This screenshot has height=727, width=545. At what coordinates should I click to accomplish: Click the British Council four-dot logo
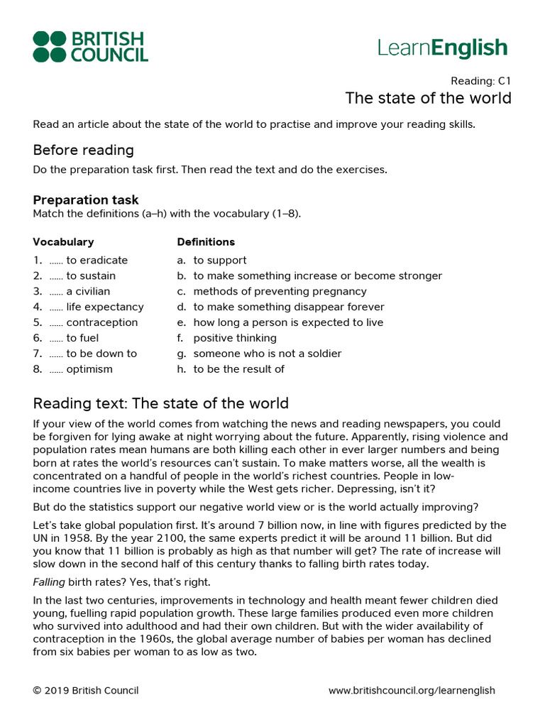click(x=50, y=46)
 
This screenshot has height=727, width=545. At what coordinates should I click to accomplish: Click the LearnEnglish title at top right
click(x=443, y=48)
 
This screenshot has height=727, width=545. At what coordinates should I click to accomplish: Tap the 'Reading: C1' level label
click(x=481, y=81)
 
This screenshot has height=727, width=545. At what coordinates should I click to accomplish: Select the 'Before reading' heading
click(x=83, y=150)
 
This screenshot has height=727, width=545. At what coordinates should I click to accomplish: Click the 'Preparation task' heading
click(x=86, y=200)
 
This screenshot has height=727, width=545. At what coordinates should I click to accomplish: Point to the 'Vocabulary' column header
click(x=63, y=242)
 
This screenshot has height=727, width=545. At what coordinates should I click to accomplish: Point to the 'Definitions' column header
click(x=206, y=242)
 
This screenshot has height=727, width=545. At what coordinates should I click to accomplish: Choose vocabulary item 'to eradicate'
click(x=97, y=260)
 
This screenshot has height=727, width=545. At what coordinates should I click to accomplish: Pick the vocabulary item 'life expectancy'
click(x=104, y=307)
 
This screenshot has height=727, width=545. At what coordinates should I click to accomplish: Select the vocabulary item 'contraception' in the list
click(x=101, y=322)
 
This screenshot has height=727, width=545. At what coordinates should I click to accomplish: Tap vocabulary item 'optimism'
click(x=89, y=369)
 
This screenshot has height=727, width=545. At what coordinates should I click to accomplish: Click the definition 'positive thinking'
click(x=235, y=338)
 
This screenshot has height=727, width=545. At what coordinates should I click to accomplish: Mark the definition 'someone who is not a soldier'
click(x=267, y=354)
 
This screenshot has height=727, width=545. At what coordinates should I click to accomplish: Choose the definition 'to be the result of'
click(x=238, y=369)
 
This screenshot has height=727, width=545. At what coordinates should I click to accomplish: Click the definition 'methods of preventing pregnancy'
click(x=280, y=291)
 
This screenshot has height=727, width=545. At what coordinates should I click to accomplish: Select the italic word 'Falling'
click(x=49, y=582)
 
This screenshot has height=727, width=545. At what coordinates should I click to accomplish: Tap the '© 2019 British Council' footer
click(x=86, y=690)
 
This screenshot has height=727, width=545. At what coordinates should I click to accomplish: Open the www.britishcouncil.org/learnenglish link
click(x=412, y=690)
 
